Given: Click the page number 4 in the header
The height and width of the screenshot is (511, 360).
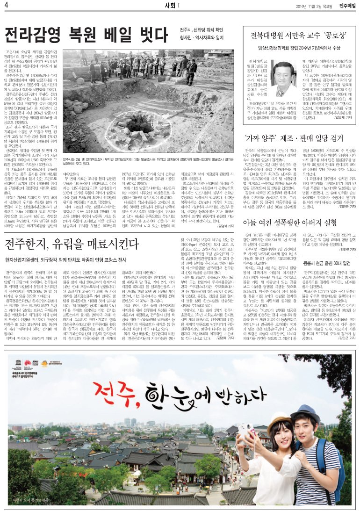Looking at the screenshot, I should (x=7, y=6).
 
